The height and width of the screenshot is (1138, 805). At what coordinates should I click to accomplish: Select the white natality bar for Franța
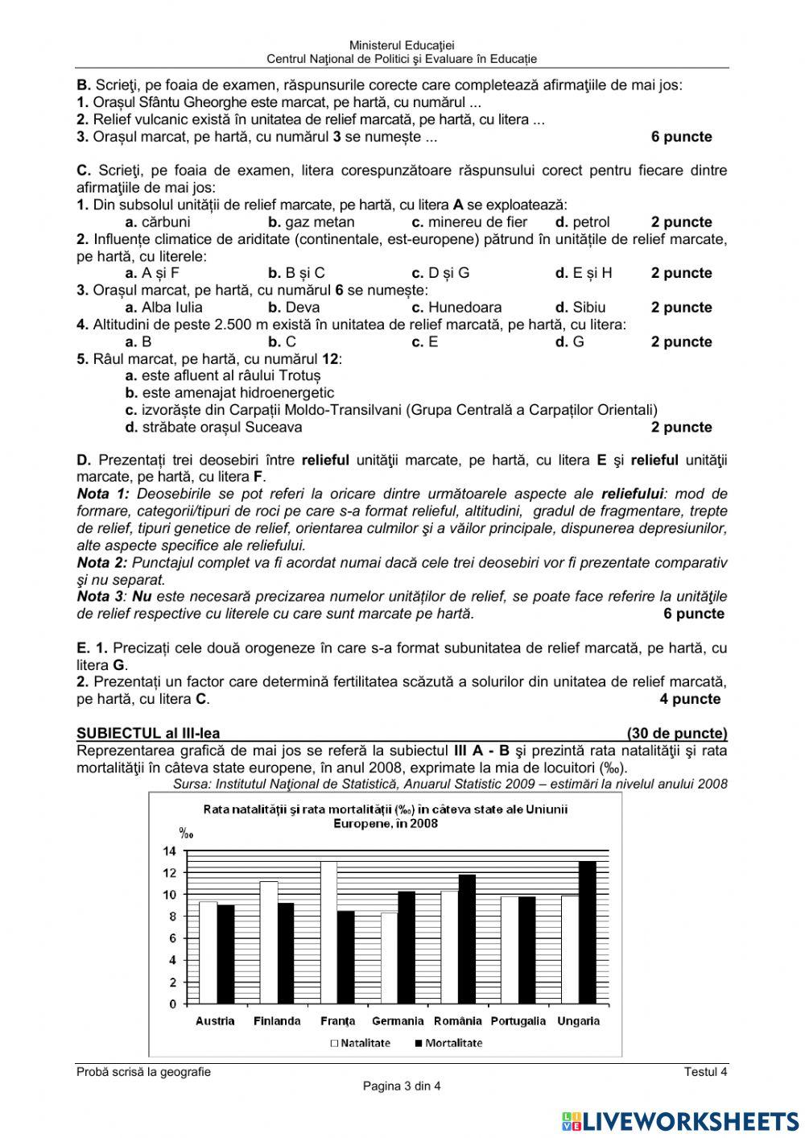click(328, 932)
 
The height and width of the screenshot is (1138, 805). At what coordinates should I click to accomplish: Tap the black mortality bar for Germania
click(407, 947)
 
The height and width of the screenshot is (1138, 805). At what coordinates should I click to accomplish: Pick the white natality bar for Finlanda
click(268, 942)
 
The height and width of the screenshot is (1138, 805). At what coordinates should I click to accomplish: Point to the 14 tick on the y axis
click(169, 850)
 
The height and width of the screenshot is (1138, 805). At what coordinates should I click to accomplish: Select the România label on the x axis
click(457, 1021)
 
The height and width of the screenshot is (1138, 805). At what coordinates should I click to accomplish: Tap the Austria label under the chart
click(215, 1021)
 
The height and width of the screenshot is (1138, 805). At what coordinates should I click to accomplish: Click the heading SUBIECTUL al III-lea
click(148, 733)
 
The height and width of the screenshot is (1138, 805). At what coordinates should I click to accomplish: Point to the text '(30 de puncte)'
click(676, 733)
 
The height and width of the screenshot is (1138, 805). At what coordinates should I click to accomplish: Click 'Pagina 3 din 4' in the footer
click(402, 1086)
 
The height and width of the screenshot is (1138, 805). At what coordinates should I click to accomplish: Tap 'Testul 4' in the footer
click(705, 1072)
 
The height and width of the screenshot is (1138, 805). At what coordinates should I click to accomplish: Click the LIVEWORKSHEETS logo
click(680, 1120)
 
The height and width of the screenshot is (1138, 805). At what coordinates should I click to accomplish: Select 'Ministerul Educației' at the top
click(402, 46)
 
